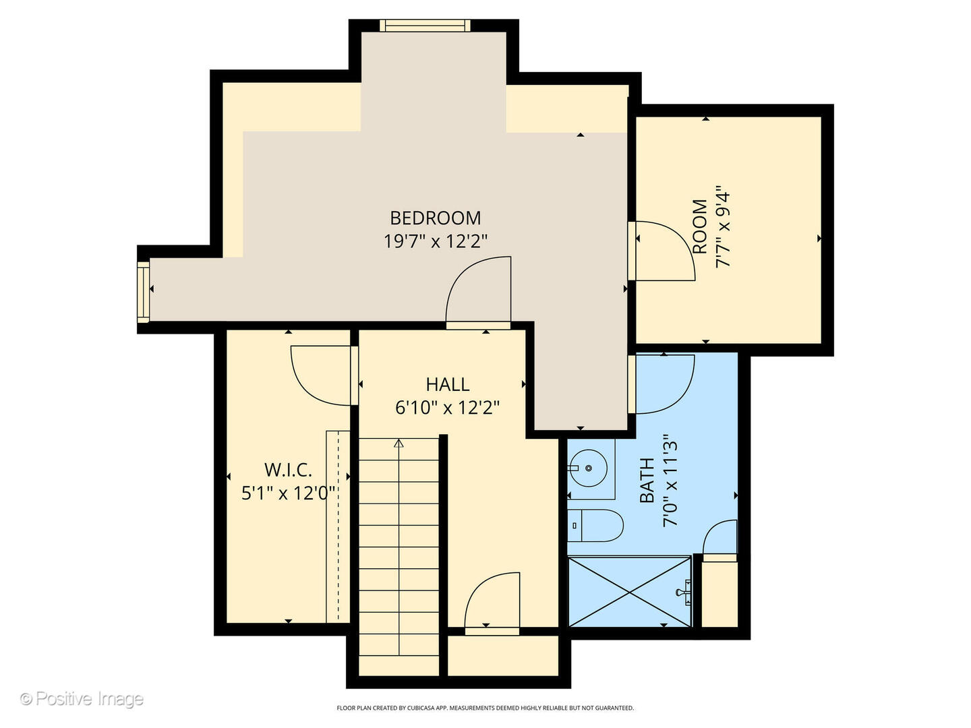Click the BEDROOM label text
(436, 218)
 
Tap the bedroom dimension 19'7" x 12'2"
(436, 241)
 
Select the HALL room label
(448, 384)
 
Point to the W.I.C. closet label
(288, 470)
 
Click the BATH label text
(647, 480)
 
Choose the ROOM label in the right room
(700, 226)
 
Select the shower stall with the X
(629, 592)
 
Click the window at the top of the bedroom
(425, 26)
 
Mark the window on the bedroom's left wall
(143, 291)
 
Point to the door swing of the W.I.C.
(322, 374)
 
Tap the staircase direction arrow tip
(399, 443)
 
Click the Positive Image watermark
(82, 699)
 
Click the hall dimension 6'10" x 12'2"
(448, 407)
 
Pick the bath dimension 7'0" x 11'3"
(670, 480)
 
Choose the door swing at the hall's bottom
(492, 601)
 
